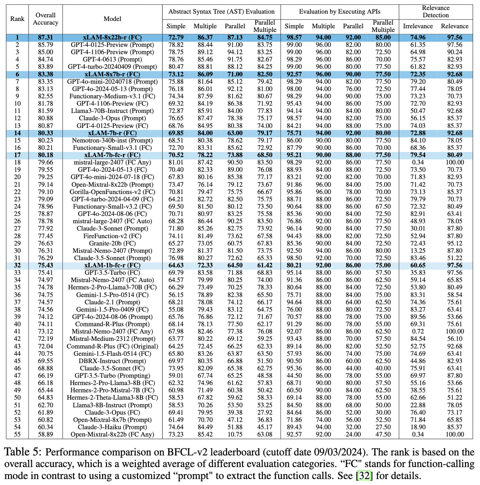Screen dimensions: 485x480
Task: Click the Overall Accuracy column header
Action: click(x=46, y=19)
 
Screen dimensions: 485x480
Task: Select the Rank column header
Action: click(x=17, y=19)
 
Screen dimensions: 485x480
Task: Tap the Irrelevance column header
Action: click(x=418, y=26)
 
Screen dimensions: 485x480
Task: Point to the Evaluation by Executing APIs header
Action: click(x=340, y=12)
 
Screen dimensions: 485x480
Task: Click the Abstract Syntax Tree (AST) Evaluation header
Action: click(x=221, y=12)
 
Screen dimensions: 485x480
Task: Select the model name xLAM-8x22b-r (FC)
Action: click(x=112, y=38)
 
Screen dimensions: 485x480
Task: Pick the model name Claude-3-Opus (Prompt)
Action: click(x=112, y=118)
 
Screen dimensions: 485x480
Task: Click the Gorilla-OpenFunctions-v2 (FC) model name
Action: click(x=112, y=192)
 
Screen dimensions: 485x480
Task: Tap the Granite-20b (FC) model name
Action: click(x=112, y=243)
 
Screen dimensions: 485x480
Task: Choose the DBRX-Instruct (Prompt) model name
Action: click(x=112, y=361)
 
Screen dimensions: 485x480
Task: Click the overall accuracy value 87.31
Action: click(x=46, y=38)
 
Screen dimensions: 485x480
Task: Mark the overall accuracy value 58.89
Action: click(x=46, y=434)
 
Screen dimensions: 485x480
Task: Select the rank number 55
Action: click(x=17, y=434)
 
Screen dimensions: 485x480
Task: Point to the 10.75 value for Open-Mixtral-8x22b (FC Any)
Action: click(x=235, y=434)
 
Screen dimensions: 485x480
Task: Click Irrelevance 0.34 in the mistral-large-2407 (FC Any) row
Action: click(x=418, y=163)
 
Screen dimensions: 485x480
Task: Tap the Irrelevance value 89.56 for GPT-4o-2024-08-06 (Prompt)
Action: click(x=418, y=317)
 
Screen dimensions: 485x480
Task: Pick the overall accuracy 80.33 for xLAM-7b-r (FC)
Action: click(x=46, y=133)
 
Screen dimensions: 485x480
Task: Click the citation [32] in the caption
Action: click(x=364, y=476)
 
